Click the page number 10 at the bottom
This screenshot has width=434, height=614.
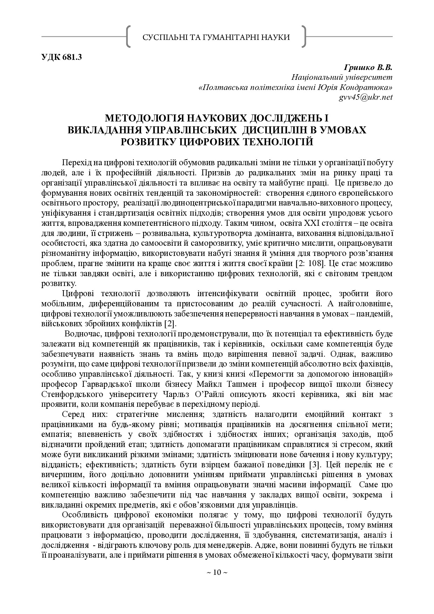pyautogui.click(x=217, y=572)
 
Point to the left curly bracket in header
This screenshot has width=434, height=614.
pyautogui.click(x=128, y=36)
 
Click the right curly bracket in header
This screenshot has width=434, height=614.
pyautogui.click(x=304, y=36)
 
